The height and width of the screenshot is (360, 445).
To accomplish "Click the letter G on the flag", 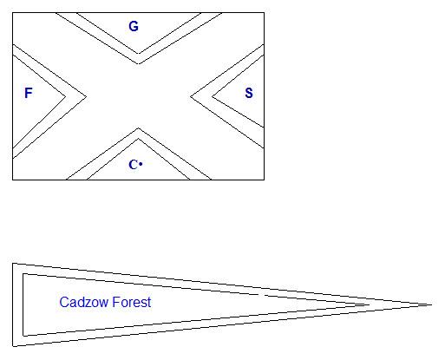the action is click(134, 26).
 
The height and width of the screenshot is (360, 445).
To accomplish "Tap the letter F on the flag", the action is click(29, 93).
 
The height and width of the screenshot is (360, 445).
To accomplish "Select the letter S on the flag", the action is click(249, 93).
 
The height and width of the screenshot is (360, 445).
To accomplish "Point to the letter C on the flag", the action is click(133, 165).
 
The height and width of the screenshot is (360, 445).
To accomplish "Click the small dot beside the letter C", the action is click(141, 164).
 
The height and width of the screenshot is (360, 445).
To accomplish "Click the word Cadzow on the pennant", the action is click(84, 302).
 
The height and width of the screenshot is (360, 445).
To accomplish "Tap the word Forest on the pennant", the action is click(132, 302).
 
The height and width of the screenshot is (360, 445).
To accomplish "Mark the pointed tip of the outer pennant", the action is click(432, 304).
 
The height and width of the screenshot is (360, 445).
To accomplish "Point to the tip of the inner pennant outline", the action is click(370, 304).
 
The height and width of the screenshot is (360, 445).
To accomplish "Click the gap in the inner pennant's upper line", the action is click(261, 295).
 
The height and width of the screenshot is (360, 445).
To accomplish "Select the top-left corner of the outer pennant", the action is click(13, 264).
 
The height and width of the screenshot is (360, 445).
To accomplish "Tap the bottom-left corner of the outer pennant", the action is click(13, 346).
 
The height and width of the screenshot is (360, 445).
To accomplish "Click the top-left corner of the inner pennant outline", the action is click(23, 274).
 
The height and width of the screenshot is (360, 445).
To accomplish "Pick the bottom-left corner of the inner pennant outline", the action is click(23, 336).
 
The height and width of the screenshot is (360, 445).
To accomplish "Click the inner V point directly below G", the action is click(139, 54).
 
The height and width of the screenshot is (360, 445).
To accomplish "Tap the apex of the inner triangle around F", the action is click(66, 96).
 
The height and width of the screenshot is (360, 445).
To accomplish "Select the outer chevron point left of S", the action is click(191, 96).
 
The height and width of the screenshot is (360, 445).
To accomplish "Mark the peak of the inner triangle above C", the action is click(138, 139).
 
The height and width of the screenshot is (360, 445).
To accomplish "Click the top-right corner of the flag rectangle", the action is click(264, 13).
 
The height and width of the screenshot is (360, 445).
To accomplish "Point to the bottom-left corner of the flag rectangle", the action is click(13, 180).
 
